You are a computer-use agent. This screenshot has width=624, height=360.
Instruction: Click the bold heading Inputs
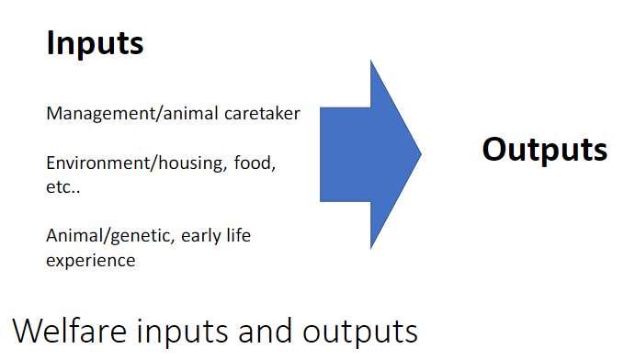pyautogui.click(x=95, y=43)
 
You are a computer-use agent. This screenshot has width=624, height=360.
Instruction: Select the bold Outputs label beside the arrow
pyautogui.click(x=544, y=150)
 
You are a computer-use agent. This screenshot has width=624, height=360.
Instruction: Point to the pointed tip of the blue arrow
pyautogui.click(x=419, y=153)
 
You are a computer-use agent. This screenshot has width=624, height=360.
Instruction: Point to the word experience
pyautogui.click(x=91, y=260)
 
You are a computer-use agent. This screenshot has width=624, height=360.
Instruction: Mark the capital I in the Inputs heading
pyautogui.click(x=51, y=42)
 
